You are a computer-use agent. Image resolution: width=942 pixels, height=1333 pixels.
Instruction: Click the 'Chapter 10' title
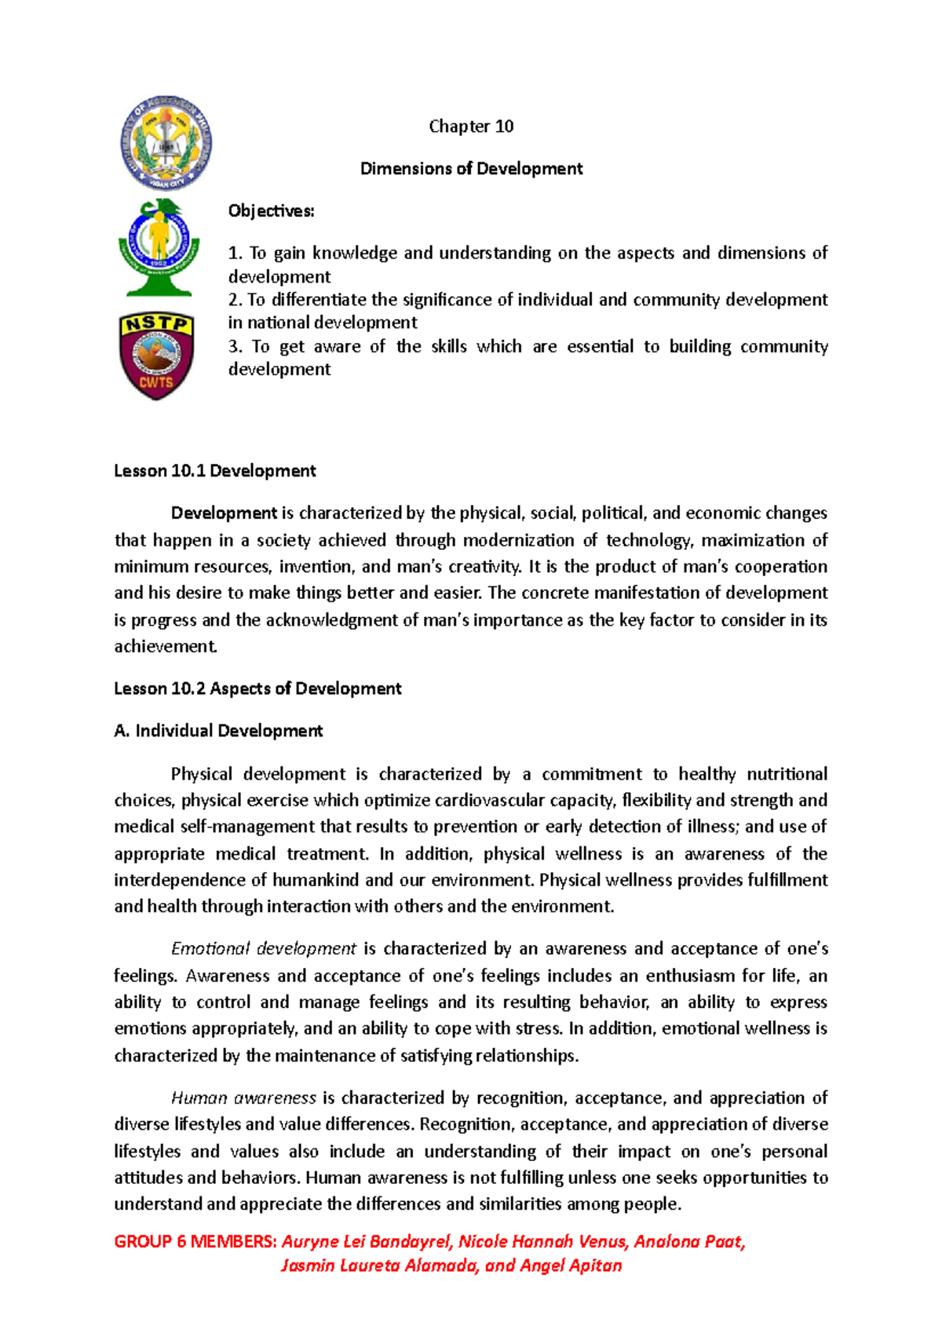coord(471,126)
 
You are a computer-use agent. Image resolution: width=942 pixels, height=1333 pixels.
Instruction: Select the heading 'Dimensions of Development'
coord(471,169)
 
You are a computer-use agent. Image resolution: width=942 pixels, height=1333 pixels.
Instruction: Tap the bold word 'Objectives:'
coord(271,211)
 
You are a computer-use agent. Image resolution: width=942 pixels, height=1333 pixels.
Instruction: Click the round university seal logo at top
coord(166,144)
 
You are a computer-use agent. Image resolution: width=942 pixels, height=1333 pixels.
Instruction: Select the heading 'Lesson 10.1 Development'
coord(214,471)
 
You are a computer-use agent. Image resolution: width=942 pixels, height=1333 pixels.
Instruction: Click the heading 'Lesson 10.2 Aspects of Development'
coord(257,688)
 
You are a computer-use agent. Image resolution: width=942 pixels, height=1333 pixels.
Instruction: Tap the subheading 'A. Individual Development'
coord(218,731)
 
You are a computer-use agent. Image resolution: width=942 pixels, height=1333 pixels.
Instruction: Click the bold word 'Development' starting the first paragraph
coord(224,513)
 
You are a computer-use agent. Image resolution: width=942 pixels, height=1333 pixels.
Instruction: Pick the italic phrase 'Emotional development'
coord(263,948)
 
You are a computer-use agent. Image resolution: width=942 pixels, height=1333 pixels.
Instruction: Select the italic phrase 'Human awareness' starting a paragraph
coord(243,1097)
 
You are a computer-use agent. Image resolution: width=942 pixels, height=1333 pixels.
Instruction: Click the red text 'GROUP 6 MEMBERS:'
coord(195,1241)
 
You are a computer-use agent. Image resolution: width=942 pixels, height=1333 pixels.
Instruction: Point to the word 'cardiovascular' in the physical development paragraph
coord(491,800)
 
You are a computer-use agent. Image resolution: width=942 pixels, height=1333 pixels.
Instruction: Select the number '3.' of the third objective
coord(236,347)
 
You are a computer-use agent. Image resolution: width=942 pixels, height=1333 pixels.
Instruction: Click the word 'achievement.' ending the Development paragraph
coord(165,646)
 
